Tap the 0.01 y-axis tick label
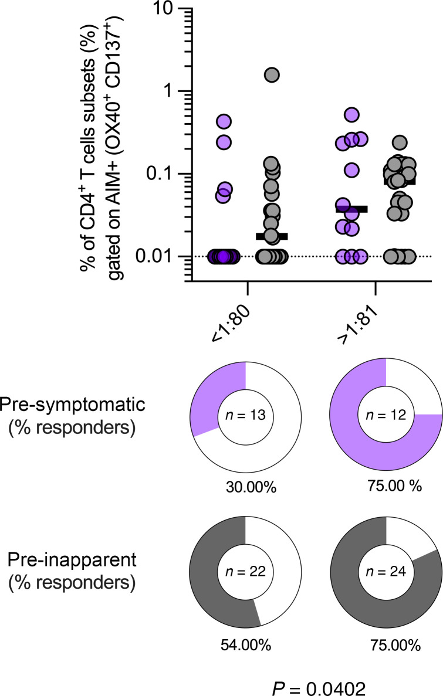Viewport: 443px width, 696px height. (x=155, y=256)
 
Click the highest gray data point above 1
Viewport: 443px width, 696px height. (x=272, y=75)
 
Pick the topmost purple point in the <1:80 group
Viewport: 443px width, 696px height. (x=224, y=121)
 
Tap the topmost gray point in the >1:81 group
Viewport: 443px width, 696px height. (x=400, y=142)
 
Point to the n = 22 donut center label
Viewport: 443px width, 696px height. (x=245, y=571)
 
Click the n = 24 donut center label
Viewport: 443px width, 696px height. (x=386, y=571)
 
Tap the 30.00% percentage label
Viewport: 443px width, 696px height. (x=251, y=487)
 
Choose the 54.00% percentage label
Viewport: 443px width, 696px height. (x=246, y=644)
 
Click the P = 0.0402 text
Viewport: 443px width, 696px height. (x=319, y=688)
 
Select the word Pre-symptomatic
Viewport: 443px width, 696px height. (x=72, y=405)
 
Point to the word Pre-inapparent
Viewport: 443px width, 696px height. (x=72, y=560)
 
